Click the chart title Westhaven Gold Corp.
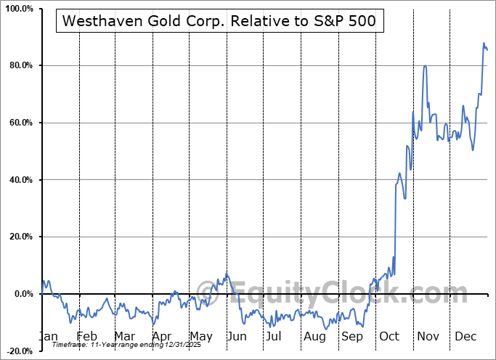point(219,22)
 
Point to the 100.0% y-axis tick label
point(17,9)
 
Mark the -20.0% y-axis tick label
point(18,351)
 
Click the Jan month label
point(48,337)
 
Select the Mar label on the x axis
point(125,337)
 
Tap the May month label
point(201,337)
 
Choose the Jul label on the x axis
point(275,337)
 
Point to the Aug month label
point(315,337)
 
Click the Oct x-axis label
point(390,337)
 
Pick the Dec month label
point(465,337)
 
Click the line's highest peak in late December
point(484,44)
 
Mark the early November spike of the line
point(425,66)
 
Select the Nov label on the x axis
point(428,337)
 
